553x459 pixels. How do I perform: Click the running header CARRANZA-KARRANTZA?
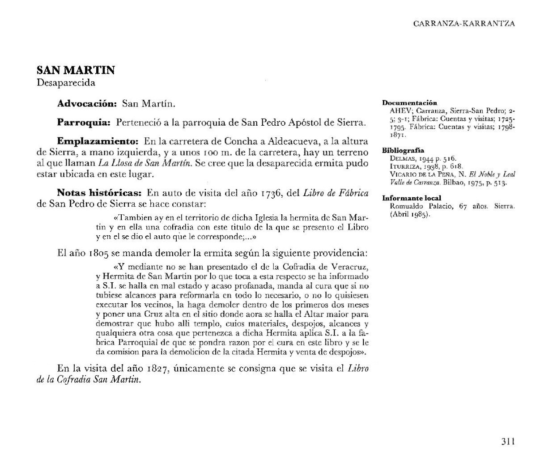point(464,24)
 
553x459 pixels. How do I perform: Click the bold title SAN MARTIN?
point(76,70)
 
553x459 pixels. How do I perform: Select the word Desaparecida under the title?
point(66,83)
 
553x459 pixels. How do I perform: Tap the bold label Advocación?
point(87,104)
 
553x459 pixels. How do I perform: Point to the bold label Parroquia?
point(84,122)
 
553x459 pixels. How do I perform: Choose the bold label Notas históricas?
point(99,193)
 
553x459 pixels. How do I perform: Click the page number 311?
point(508,442)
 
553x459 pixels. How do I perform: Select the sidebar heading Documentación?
point(409,103)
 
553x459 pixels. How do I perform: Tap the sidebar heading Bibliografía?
point(403,151)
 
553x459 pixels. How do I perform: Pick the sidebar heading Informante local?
point(412,198)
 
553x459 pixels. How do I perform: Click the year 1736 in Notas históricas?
point(274,193)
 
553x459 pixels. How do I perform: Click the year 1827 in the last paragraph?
point(157,369)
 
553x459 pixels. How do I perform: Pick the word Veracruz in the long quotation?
point(352,267)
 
